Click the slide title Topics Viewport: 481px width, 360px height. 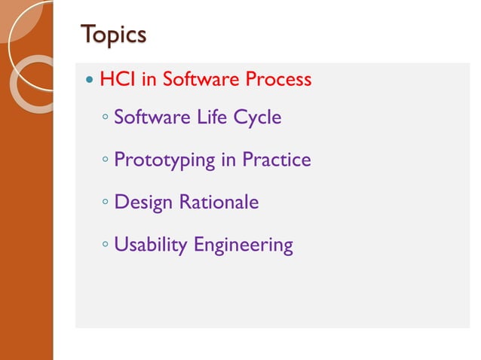[113, 34]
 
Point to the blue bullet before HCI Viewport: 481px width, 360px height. [90, 80]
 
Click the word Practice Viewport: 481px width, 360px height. [276, 160]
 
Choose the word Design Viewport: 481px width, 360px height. [144, 203]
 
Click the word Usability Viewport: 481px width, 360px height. [151, 246]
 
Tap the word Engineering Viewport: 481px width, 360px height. [243, 246]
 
